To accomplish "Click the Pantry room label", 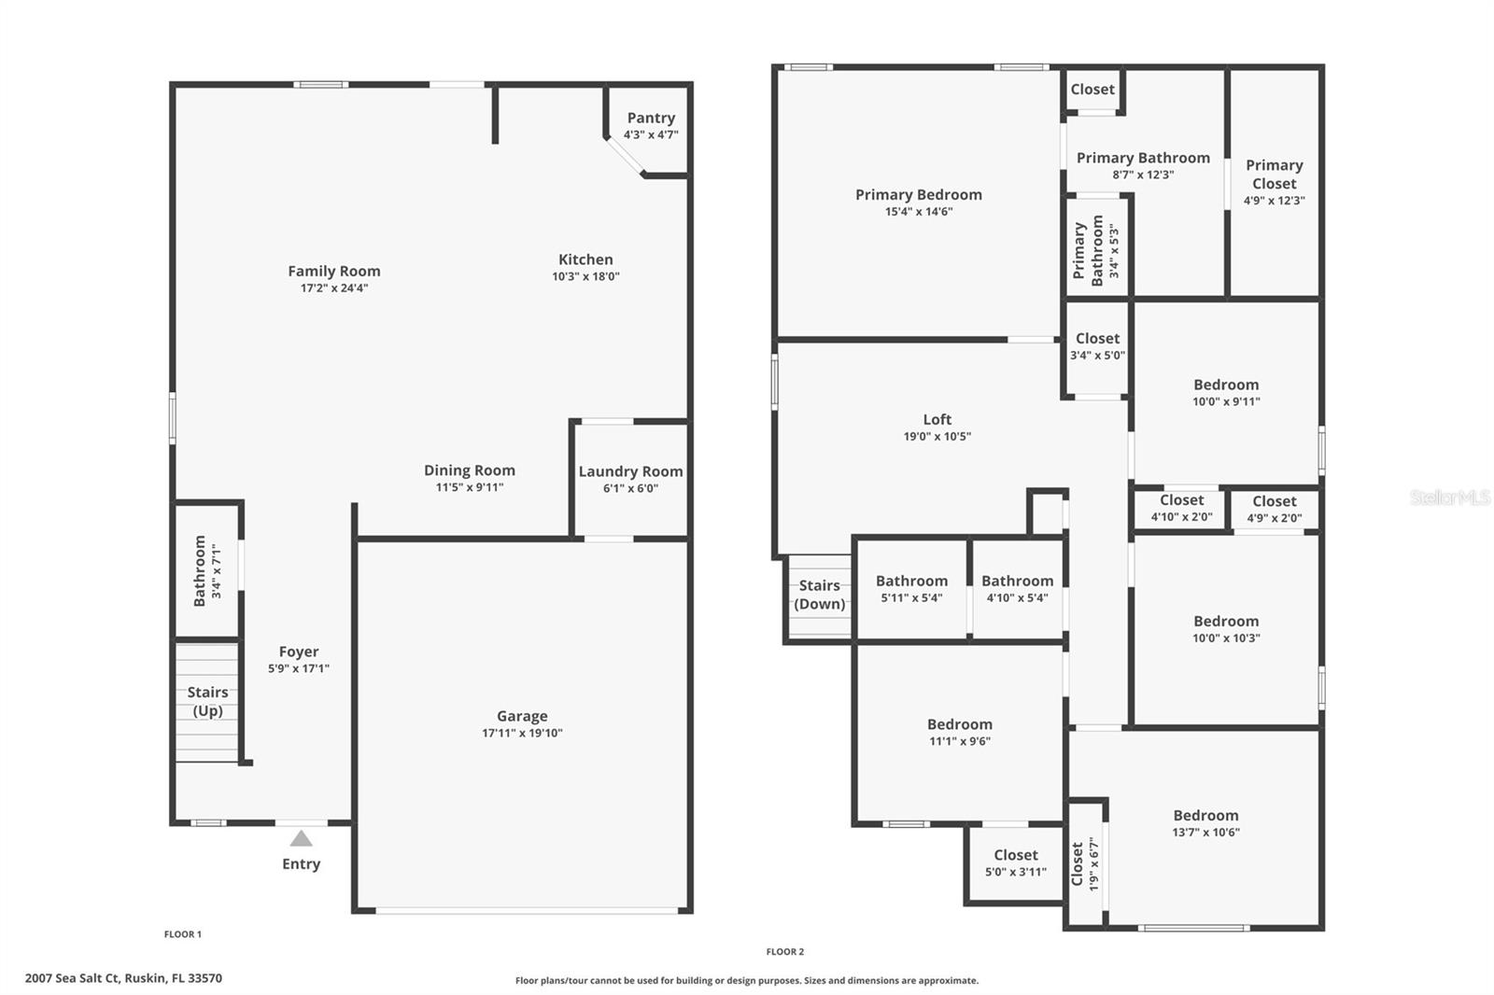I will [651, 118].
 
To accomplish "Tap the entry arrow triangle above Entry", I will [301, 838].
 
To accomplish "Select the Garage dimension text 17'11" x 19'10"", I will [522, 734].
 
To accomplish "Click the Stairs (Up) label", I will [207, 701].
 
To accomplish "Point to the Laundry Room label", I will [630, 471].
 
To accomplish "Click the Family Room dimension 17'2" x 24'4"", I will [333, 288].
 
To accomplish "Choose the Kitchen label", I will [585, 259].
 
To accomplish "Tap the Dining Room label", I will [469, 470].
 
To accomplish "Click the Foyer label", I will [299, 652].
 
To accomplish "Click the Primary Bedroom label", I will [918, 194].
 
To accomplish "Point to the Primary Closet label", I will [1274, 175].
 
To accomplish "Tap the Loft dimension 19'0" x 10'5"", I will [937, 437].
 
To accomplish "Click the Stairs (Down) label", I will [819, 595].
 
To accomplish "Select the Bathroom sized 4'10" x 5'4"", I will [1017, 589].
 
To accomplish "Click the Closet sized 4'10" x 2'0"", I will [1181, 509].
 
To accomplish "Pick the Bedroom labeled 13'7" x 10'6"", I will [1205, 823].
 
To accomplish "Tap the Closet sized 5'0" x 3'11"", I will [1015, 863].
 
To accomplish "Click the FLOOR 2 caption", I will [784, 952].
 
